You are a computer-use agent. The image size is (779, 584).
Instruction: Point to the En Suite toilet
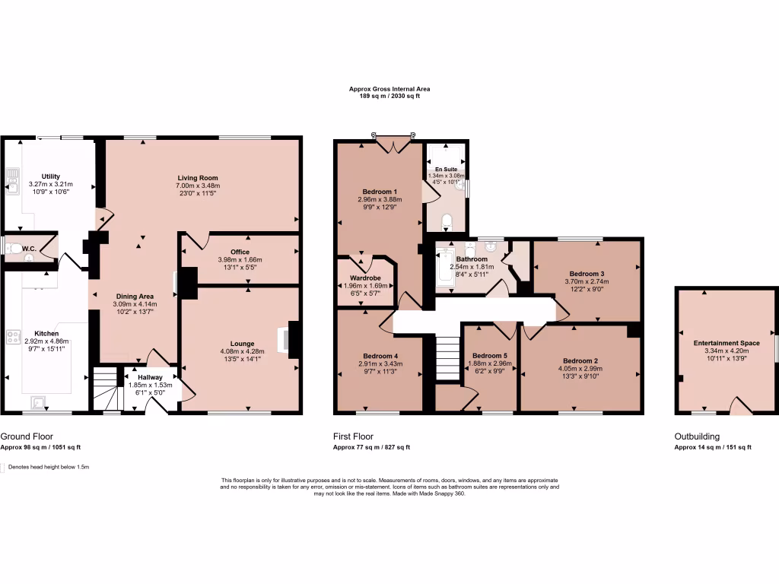[447, 221]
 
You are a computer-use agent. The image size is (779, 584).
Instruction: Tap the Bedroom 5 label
[489, 355]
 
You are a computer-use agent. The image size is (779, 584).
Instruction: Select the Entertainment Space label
[726, 344]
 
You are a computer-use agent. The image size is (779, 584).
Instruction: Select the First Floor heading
[353, 436]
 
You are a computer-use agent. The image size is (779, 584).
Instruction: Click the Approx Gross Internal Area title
[384, 89]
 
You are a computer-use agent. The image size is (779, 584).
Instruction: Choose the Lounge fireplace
[291, 339]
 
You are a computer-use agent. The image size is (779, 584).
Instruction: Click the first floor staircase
[448, 358]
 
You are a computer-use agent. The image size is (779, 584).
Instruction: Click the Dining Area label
[135, 297]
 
